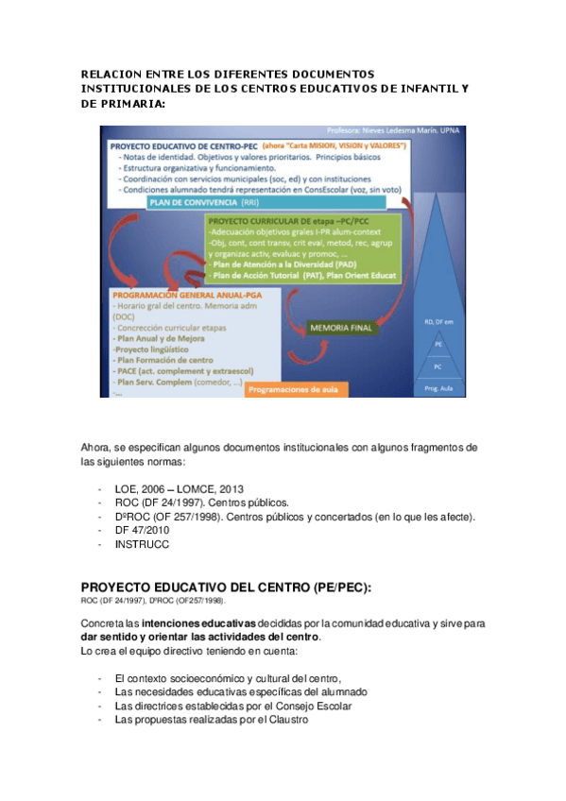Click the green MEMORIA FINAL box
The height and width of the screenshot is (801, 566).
click(x=340, y=329)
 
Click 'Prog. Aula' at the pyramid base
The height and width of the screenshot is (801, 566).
click(x=437, y=388)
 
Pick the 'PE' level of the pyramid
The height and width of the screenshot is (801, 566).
click(x=437, y=346)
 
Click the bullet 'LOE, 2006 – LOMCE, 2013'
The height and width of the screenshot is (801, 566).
click(x=179, y=488)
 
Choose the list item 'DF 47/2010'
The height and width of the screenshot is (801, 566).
click(x=142, y=531)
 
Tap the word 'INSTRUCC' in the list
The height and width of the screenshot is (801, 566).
click(x=141, y=545)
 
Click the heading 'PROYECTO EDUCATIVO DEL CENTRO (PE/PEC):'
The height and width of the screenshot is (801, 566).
click(x=226, y=587)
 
